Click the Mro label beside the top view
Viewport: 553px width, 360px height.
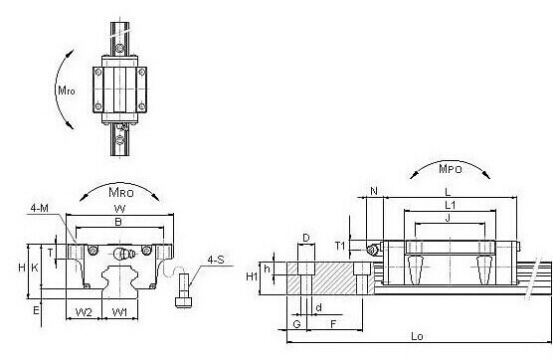pos(67,90)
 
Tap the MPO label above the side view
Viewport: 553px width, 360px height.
pos(450,168)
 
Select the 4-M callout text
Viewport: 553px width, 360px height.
pos(39,208)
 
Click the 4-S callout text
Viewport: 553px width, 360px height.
pos(216,260)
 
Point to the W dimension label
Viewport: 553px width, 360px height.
pos(119,209)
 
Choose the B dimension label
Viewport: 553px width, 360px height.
pos(118,222)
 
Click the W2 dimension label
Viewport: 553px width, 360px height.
pos(84,312)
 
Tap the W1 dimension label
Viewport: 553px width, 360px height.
pos(119,312)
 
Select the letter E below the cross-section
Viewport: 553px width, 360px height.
pos(36,310)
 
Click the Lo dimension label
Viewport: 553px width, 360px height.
pos(417,336)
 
